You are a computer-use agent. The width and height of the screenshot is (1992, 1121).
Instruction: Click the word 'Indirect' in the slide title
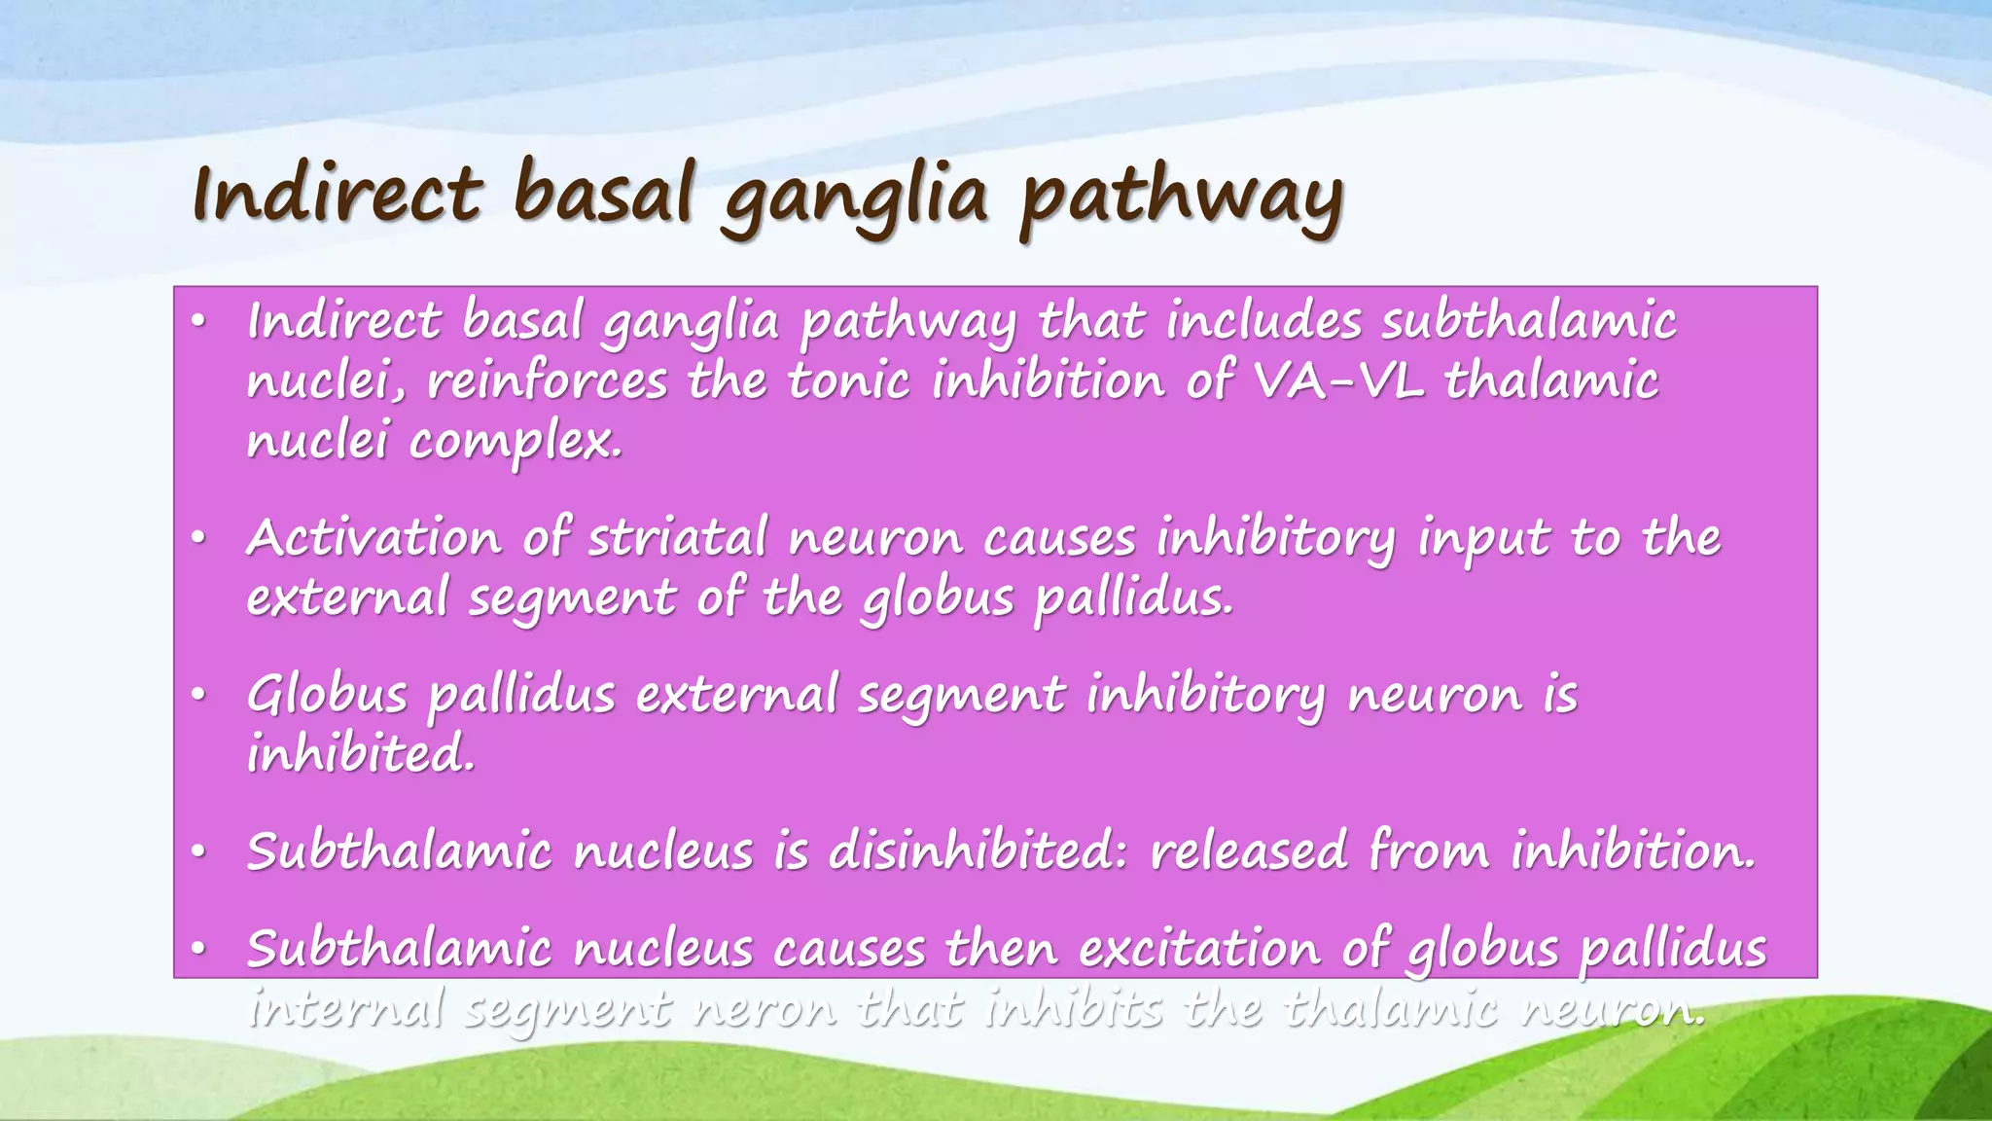click(337, 193)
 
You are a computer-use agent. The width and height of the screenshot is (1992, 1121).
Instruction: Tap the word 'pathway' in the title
click(1181, 199)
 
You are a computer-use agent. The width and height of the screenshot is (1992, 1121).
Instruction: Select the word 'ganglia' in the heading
click(855, 199)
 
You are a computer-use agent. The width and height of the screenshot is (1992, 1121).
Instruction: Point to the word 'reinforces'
click(547, 380)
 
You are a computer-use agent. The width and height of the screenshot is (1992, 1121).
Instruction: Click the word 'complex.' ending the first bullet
click(515, 443)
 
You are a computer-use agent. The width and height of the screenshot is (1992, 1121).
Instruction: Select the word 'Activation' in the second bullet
click(373, 537)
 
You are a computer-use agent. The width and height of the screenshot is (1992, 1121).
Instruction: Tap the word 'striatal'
click(678, 537)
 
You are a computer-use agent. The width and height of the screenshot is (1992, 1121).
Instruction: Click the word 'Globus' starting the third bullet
click(327, 695)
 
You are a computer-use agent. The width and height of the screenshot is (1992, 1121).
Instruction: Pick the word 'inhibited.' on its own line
click(360, 754)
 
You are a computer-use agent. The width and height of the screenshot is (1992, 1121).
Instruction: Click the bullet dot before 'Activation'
click(197, 538)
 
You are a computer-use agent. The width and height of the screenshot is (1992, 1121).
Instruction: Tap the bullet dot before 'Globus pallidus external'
click(197, 696)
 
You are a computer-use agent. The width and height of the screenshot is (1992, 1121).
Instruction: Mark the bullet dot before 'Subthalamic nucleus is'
click(197, 852)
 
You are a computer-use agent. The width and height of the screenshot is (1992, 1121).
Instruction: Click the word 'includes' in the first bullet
click(1263, 320)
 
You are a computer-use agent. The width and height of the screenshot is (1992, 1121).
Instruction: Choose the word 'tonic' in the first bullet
click(848, 380)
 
